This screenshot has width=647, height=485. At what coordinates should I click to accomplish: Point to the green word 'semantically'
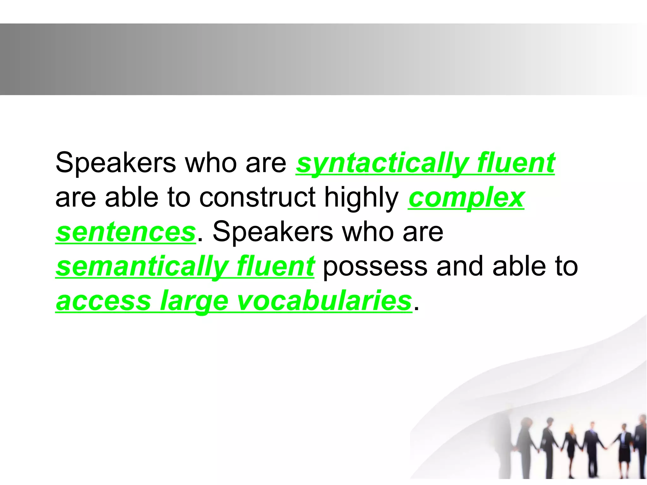click(x=142, y=267)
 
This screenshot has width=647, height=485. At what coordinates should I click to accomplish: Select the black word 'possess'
click(x=375, y=267)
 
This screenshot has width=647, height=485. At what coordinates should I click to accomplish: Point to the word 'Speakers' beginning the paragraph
click(x=115, y=163)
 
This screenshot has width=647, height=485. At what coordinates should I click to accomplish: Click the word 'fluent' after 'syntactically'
click(x=516, y=163)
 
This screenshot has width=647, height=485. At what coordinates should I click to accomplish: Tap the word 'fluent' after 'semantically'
click(x=275, y=267)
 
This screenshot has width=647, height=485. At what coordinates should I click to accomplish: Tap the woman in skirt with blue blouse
click(x=624, y=452)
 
